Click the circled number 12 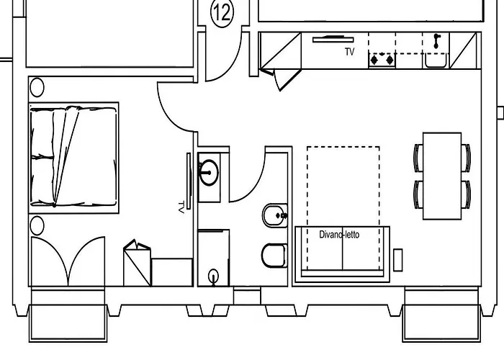(x=222, y=12)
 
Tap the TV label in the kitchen (x=350, y=52)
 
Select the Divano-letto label (x=339, y=234)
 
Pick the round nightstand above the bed (x=37, y=88)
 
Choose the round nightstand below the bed (x=37, y=224)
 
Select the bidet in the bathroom (x=274, y=215)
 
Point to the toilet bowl (x=272, y=255)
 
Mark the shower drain (x=213, y=274)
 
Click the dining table (x=441, y=175)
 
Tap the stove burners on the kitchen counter (x=382, y=60)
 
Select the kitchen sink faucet (x=436, y=41)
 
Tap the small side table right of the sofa (x=398, y=260)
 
